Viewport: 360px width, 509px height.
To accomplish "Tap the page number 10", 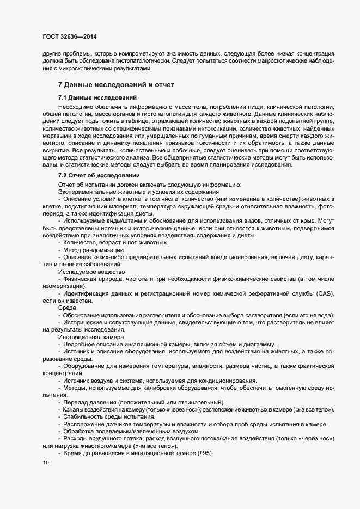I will (46, 463).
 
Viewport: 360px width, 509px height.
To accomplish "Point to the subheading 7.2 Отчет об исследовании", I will (99, 175).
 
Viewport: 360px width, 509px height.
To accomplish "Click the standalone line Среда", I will (68, 308).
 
